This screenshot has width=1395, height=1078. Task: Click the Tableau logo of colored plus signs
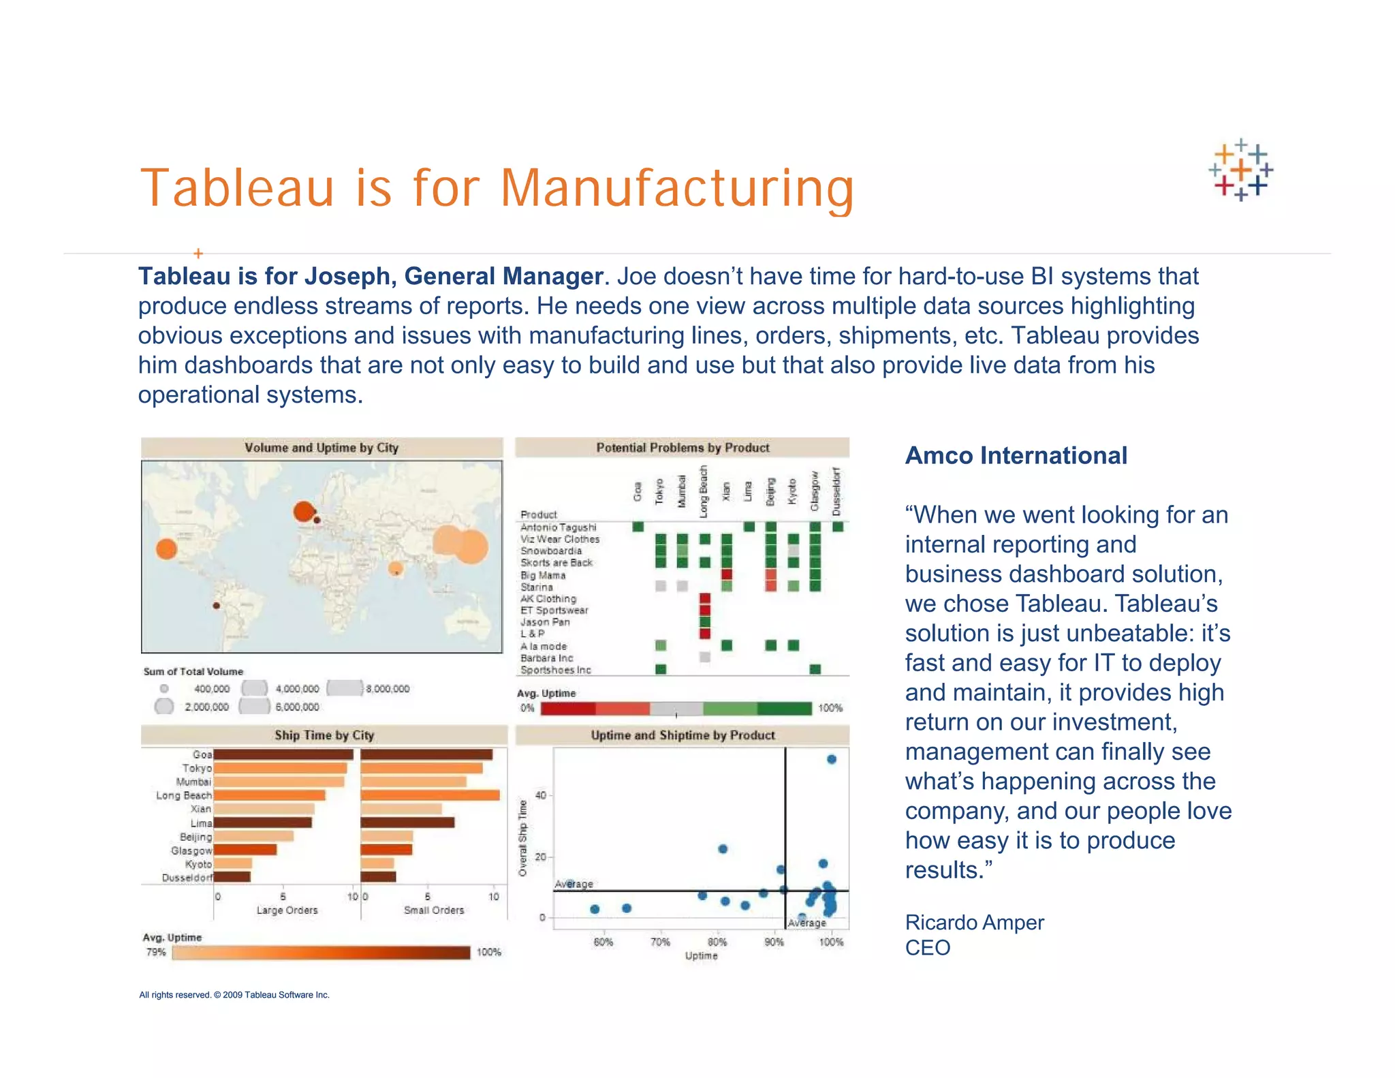1240,170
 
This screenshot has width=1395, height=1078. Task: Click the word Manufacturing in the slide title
677,188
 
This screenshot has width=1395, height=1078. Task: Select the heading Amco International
1016,455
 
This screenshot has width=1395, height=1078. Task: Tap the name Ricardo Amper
974,922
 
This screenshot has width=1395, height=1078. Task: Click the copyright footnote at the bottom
234,995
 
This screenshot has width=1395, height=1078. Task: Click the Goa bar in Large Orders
283,754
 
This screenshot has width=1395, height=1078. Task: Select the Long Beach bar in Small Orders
430,795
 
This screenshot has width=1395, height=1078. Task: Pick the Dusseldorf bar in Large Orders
232,877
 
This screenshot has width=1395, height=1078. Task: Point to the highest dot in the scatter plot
831,759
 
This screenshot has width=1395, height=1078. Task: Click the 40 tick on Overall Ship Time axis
541,795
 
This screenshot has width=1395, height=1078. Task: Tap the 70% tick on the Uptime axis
660,942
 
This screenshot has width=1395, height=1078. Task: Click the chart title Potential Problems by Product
683,448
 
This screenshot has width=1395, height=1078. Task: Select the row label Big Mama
543,575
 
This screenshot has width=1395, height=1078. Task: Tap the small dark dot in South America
216,605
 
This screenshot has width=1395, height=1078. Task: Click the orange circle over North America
166,549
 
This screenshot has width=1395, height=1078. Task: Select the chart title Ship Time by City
324,735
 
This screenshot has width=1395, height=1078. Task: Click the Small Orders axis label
433,910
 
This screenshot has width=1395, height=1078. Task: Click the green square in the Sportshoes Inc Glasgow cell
815,669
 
